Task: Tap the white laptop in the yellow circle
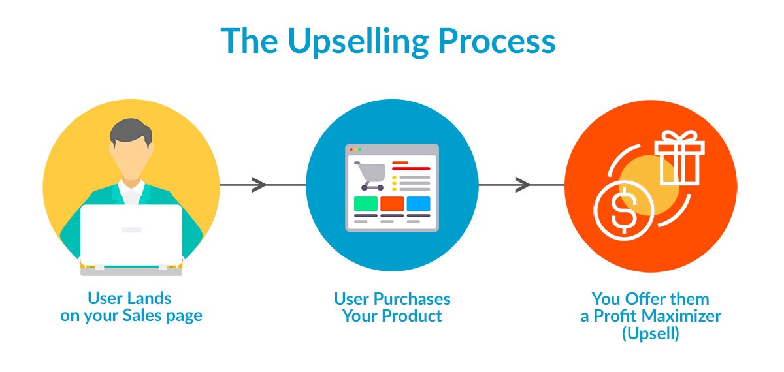click(131, 235)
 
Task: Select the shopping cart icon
click(370, 176)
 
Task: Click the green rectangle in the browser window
click(365, 204)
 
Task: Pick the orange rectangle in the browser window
click(392, 204)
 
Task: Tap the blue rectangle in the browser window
click(418, 204)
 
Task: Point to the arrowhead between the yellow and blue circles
click(259, 185)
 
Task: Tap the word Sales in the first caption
click(150, 317)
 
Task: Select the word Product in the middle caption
click(414, 317)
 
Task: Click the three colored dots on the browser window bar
click(355, 149)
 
